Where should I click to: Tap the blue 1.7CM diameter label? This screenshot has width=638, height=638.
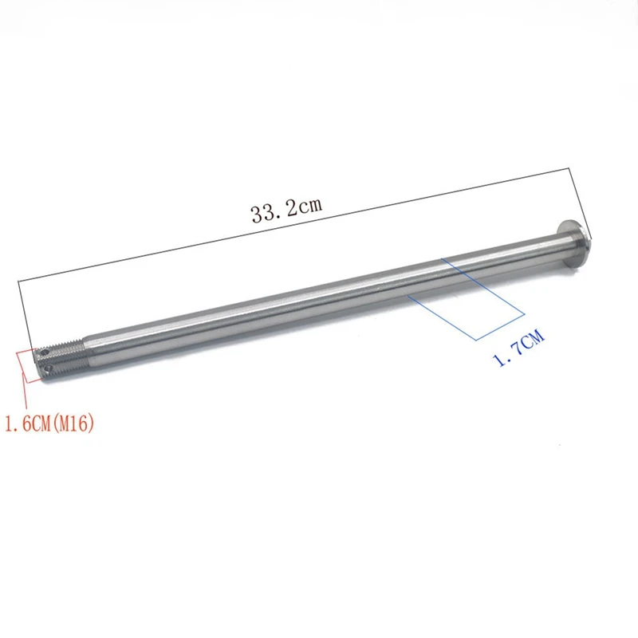[520, 349]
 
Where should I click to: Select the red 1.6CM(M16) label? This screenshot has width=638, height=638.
[49, 424]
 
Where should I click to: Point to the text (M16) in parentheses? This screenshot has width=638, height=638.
[77, 424]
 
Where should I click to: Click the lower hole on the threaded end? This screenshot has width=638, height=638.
[48, 369]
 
